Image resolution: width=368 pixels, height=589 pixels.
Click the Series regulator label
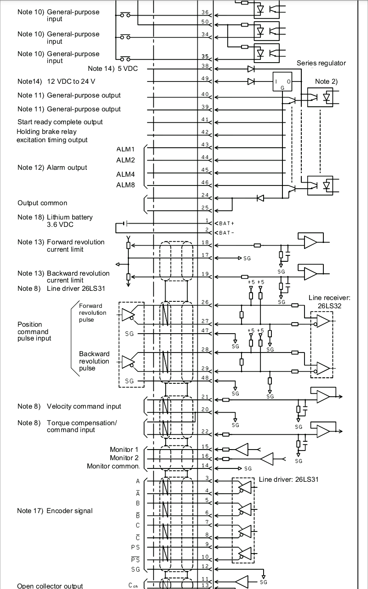point(321,63)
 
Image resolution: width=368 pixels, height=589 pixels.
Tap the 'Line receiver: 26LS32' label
point(328,301)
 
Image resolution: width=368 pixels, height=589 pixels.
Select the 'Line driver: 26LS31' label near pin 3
point(288,479)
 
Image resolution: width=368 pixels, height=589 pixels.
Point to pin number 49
point(205,79)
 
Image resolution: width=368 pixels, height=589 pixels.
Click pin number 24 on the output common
point(205,196)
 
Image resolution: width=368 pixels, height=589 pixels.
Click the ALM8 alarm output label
point(126,185)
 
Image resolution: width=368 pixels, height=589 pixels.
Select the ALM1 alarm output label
point(126,150)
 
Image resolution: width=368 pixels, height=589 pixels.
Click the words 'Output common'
point(42,203)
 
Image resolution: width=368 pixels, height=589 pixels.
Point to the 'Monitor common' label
point(113,466)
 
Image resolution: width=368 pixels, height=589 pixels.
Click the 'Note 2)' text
point(326,81)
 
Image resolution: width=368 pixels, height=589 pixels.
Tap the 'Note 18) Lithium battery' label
point(55,217)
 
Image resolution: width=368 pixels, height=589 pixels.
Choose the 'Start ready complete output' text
point(60,122)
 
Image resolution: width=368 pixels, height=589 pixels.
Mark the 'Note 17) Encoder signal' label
point(55,511)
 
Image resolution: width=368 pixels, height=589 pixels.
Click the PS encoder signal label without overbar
point(135,548)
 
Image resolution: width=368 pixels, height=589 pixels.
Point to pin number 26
point(205,302)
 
